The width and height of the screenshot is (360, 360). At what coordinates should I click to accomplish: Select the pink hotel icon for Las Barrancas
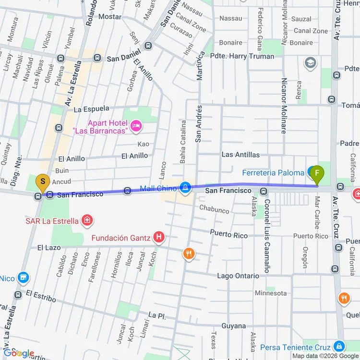136,126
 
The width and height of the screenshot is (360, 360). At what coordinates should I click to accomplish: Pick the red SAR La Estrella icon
87,220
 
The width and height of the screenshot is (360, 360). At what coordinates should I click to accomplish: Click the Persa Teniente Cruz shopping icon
339,346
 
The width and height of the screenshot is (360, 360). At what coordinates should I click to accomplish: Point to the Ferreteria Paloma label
273,173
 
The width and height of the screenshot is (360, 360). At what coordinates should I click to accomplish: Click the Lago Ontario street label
238,276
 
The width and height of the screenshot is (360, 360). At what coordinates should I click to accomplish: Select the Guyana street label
234,326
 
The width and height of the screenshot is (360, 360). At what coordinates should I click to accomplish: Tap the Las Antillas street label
240,155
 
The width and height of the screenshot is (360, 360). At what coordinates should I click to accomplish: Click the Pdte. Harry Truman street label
242,56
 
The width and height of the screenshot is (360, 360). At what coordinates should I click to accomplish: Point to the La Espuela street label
91,109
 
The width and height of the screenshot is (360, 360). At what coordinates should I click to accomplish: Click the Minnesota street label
271,293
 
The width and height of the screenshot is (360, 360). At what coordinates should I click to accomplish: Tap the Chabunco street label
214,210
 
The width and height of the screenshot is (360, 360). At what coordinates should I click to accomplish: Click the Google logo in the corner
18,353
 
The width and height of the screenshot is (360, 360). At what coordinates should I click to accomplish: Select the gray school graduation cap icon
310,62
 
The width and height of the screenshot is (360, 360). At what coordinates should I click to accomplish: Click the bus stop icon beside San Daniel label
97,58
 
